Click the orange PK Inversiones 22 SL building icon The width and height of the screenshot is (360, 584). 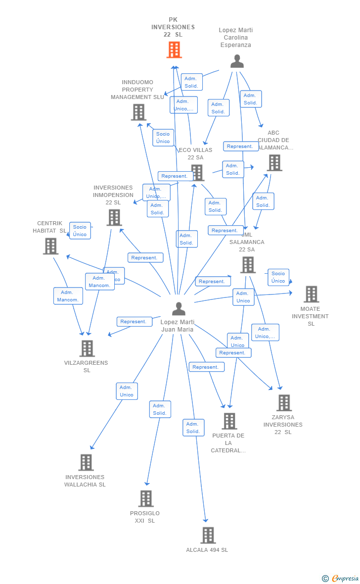tap(174, 50)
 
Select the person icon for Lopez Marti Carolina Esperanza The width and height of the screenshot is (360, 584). tap(237, 61)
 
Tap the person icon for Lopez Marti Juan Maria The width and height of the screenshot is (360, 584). tap(179, 309)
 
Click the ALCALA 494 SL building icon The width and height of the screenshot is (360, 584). tap(208, 535)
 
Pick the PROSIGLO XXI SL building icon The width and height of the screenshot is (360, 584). tap(146, 498)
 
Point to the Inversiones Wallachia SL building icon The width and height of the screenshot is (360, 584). tap(86, 463)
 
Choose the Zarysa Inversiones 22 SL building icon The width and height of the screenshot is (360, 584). tap(284, 403)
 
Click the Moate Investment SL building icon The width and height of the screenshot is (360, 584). tap(311, 294)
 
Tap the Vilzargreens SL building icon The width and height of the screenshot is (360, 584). tap(87, 348)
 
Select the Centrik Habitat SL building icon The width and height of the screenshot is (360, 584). tap(50, 246)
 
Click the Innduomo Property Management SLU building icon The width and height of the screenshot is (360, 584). tap(138, 112)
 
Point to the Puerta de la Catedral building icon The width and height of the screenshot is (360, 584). tap(229, 421)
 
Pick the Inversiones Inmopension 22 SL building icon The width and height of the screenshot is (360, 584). tap(114, 217)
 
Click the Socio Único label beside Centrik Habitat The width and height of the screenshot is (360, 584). tap(80, 231)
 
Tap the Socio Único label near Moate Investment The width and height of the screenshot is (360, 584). tap(278, 277)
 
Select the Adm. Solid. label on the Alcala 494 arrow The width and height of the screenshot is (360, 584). tap(193, 428)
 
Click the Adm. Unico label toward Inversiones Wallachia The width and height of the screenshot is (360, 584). tap(127, 391)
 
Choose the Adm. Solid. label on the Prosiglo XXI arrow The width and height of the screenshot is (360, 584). tap(160, 409)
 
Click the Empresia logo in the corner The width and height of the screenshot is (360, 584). tap(341, 578)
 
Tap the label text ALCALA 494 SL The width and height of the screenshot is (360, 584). tap(207, 550)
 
